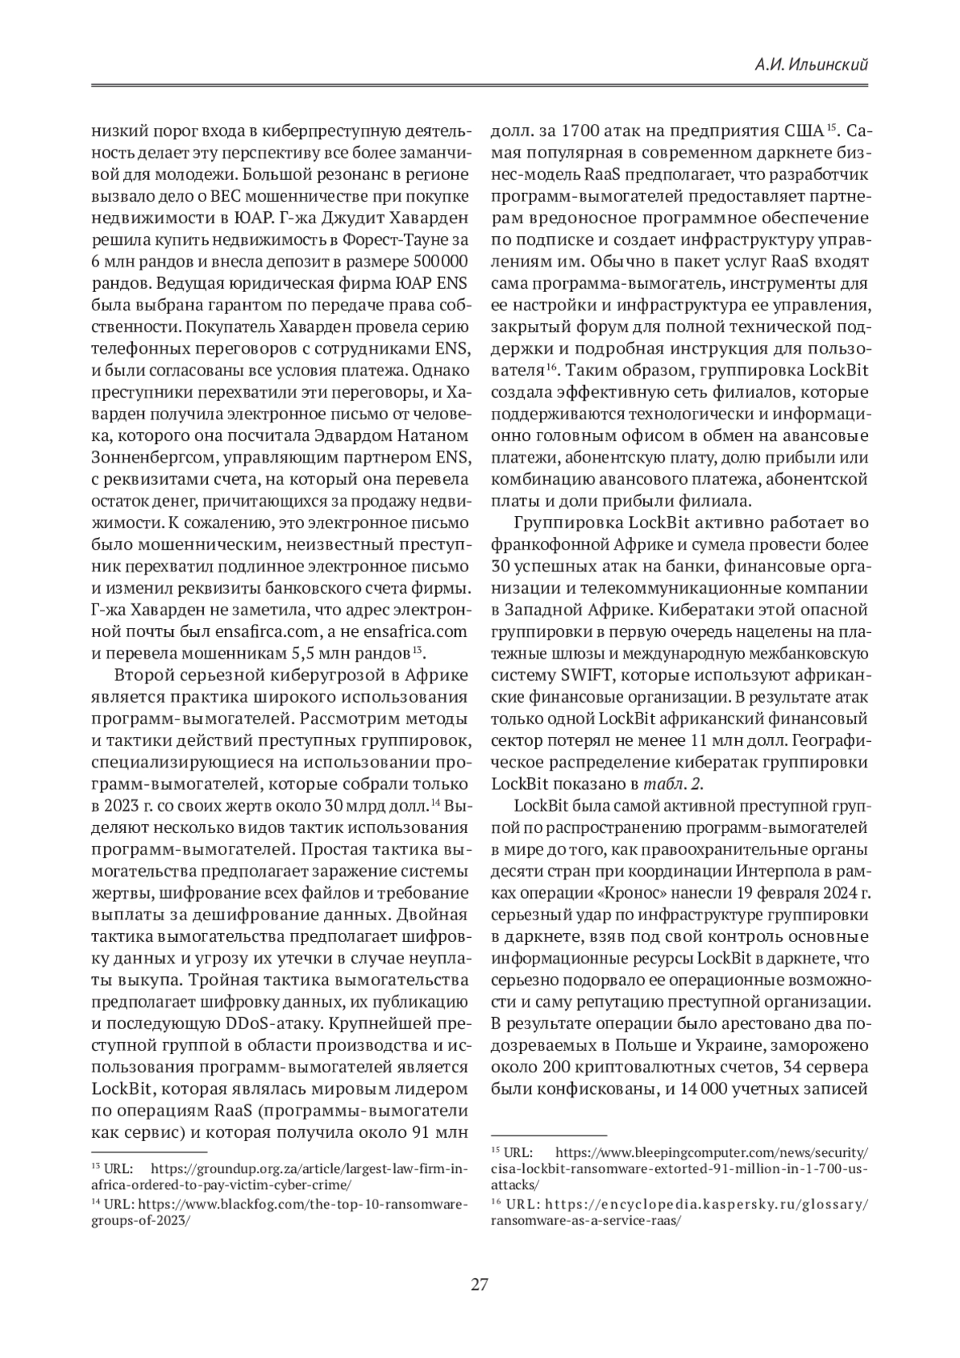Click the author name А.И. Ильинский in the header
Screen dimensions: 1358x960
click(x=811, y=66)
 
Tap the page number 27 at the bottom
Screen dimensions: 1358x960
click(x=479, y=1285)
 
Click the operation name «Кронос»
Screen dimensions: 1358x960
click(x=658, y=891)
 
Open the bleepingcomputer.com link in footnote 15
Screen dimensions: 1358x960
click(x=711, y=1152)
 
